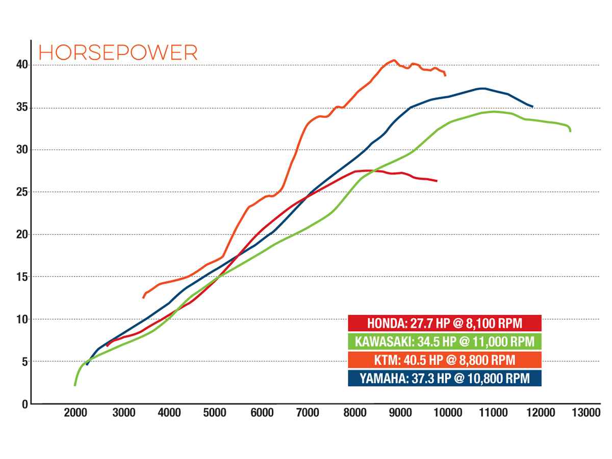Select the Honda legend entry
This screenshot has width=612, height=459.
click(x=444, y=323)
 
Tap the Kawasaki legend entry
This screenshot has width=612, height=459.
click(x=444, y=342)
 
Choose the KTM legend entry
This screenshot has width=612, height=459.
click(x=444, y=360)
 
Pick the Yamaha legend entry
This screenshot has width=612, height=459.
click(x=444, y=378)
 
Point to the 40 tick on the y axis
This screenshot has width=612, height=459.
click(x=20, y=65)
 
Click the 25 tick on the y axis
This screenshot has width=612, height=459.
click(x=20, y=192)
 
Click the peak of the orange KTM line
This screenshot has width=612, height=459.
click(x=394, y=60)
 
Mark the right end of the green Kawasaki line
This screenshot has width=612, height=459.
click(x=570, y=131)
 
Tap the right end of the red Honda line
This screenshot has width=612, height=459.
click(x=437, y=181)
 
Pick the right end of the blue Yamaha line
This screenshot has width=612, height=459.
click(x=532, y=107)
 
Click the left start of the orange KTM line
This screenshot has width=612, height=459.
click(x=143, y=298)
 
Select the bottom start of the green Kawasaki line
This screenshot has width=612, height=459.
click(x=75, y=385)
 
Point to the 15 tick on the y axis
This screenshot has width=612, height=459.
click(x=20, y=277)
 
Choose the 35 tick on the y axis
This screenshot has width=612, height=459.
click(x=20, y=108)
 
